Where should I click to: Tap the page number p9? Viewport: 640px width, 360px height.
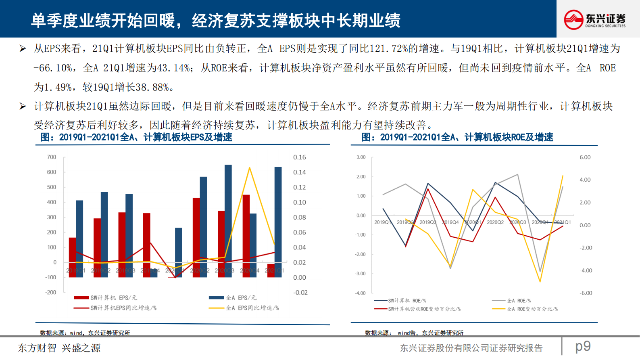click(583, 346)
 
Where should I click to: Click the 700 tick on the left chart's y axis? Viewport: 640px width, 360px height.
click(52, 157)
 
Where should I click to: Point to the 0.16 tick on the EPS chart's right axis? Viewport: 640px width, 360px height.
click(299, 157)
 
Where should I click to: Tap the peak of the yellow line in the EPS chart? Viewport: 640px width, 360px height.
click(250, 167)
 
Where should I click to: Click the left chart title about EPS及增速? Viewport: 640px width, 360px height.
click(136, 137)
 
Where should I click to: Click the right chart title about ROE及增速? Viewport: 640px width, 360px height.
click(457, 137)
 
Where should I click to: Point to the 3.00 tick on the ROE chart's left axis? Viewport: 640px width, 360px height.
click(361, 157)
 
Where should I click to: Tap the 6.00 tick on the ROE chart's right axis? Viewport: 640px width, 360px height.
click(585, 157)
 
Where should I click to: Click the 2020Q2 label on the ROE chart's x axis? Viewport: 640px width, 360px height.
click(495, 222)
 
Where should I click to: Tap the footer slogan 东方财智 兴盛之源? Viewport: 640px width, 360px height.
click(59, 348)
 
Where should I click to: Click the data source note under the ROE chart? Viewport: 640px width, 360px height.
click(414, 333)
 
